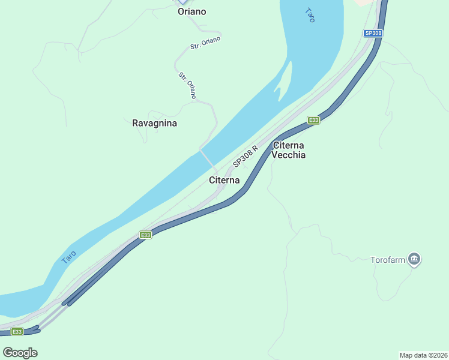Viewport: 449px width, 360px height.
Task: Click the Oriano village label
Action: tap(191, 11)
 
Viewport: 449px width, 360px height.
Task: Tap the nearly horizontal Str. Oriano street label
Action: tap(206, 43)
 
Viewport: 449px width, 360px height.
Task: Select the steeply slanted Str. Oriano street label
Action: tap(187, 85)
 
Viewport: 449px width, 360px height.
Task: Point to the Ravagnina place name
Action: tap(154, 123)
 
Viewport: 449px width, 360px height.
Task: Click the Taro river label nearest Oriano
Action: tap(310, 15)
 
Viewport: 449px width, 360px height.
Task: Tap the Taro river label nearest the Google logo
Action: tap(69, 257)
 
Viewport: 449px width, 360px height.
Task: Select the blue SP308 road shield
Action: tap(373, 34)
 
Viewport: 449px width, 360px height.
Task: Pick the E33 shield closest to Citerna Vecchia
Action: tap(313, 120)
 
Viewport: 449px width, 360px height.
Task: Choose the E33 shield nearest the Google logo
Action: tap(17, 332)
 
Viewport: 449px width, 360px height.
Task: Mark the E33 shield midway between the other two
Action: tap(145, 235)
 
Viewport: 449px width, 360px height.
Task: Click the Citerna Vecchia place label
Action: tap(288, 150)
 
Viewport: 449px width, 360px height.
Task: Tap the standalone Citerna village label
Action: tap(224, 180)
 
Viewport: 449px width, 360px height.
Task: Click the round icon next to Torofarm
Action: tap(414, 259)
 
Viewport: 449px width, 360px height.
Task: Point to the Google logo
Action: tap(20, 352)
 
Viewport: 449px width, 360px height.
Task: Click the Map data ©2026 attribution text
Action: tap(423, 355)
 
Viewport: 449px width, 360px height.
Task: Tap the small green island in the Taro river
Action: tap(285, 82)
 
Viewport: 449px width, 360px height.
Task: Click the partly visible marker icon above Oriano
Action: tap(182, 2)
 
